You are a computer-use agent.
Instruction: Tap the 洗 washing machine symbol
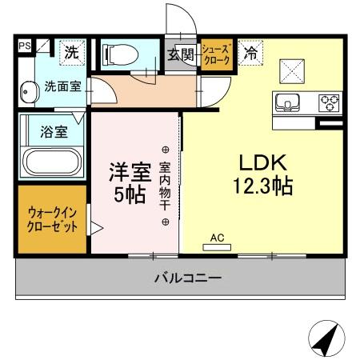pyautogui.click(x=72, y=54)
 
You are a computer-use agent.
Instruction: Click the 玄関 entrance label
pyautogui.click(x=181, y=55)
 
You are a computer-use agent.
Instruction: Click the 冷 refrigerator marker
pyautogui.click(x=251, y=54)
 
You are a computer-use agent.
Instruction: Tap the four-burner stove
pyautogui.click(x=329, y=102)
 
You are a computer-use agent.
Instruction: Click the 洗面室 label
pyautogui.click(x=62, y=86)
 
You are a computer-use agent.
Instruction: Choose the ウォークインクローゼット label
pyautogui.click(x=53, y=220)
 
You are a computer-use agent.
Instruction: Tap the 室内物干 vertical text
pyautogui.click(x=165, y=186)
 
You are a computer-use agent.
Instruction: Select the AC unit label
pyautogui.click(x=217, y=238)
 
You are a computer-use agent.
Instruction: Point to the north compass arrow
pyautogui.click(x=322, y=339)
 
